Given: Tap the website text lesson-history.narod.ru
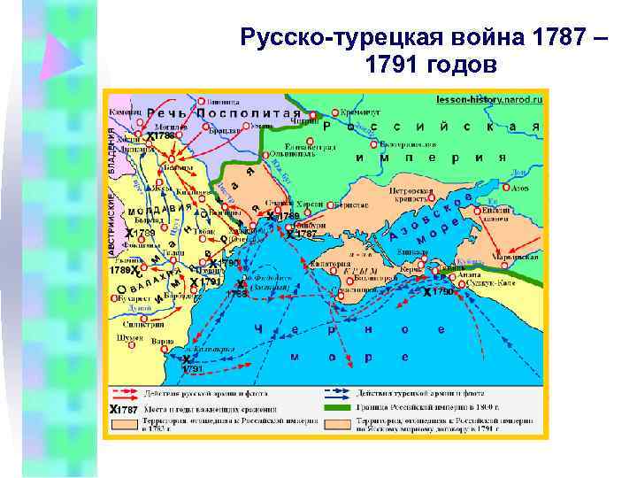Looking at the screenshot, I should [489, 99].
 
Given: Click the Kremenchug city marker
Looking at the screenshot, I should [334, 113].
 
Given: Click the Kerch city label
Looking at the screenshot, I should [410, 266].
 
